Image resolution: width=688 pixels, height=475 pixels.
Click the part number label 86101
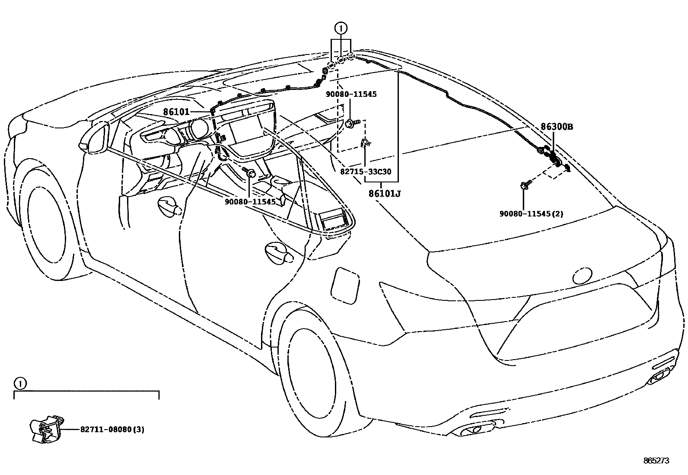[176, 112]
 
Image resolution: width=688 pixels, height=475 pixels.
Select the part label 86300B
[557, 127]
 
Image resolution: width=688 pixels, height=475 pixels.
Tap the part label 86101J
[384, 194]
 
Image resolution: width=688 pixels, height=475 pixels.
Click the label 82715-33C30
[366, 172]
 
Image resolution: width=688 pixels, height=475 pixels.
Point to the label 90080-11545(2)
[531, 214]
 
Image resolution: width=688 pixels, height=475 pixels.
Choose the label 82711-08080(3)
[112, 429]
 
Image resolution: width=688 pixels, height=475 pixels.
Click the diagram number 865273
[656, 461]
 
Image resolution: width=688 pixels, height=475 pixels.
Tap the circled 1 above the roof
[341, 29]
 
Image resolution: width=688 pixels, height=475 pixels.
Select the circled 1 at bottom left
[20, 383]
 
